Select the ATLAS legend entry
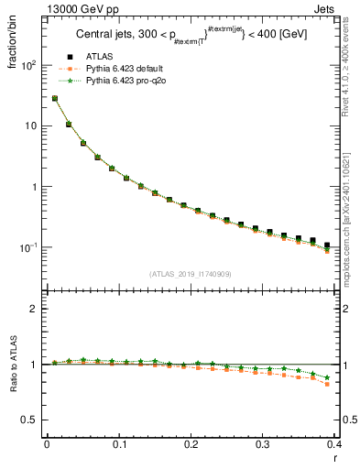pos(101,58)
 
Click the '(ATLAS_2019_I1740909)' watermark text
pos(190,274)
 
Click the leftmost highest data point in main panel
pos(54,98)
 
